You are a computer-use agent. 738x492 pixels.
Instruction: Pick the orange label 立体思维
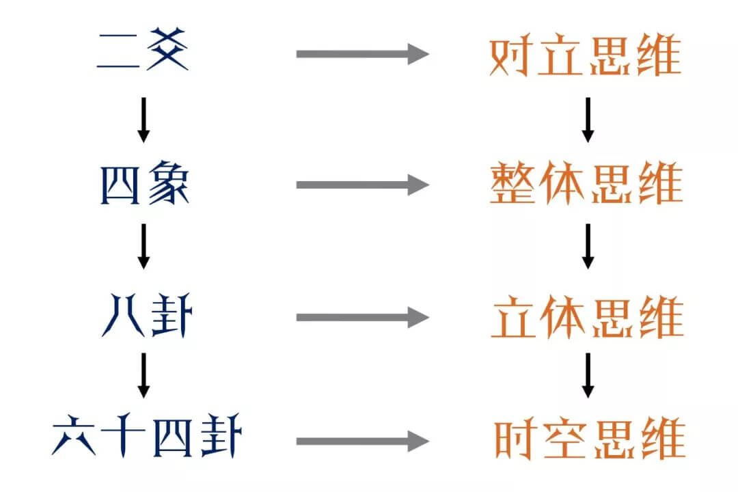(x=587, y=317)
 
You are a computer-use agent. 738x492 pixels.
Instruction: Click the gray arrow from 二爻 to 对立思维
(x=361, y=53)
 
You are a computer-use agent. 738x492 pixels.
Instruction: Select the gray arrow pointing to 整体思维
(x=361, y=184)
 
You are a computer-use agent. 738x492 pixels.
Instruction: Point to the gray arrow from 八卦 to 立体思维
(x=361, y=317)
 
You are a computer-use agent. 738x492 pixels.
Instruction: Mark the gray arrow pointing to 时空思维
(x=361, y=441)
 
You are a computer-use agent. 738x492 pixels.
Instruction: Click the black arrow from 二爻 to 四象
(x=143, y=120)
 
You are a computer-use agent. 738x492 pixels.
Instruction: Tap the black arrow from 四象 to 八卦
(x=143, y=246)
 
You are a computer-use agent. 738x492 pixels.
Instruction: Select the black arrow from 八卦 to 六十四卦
(x=143, y=374)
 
